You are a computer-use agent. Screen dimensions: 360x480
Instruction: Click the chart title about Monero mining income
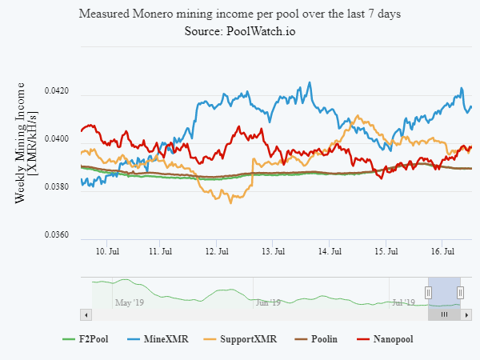[x=240, y=14]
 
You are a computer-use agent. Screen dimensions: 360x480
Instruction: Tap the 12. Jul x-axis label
[x=218, y=251]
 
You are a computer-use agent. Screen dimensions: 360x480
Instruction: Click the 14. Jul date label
[x=330, y=251]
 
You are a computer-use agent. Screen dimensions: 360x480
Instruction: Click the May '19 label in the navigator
[x=129, y=302]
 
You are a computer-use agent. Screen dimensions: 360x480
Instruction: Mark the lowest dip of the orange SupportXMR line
[x=231, y=202]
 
